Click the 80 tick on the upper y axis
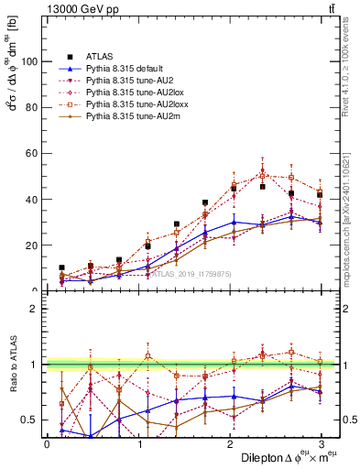click(32, 107)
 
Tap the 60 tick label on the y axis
click(32, 153)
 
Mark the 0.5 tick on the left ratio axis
click(29, 420)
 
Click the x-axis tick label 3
click(321, 444)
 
